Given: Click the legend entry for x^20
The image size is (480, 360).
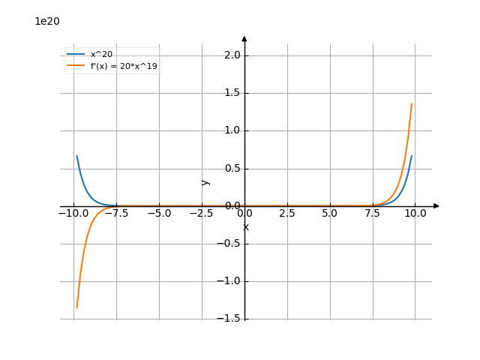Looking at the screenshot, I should coord(101,54).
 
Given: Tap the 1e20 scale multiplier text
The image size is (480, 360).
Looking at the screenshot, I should coord(46,21).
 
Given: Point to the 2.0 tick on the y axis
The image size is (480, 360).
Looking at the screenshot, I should coord(232,55).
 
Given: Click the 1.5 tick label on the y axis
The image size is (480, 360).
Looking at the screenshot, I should coord(232,93).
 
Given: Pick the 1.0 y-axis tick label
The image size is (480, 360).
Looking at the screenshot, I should coord(232,130).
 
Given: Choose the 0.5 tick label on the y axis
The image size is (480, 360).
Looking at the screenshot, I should coord(232,168).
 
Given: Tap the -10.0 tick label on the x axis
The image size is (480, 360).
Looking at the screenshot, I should coord(73,213).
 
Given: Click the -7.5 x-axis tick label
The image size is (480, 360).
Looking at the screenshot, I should coord(116,213).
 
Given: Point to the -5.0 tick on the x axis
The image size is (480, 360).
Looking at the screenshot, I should coord(159,213).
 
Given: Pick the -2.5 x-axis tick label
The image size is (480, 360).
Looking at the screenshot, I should coord(202,213).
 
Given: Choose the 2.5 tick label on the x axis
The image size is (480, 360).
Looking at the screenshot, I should coord(287,213).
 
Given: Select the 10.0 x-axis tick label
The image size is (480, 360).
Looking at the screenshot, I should coord(415,213).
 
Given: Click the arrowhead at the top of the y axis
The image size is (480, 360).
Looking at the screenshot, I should coord(244,37).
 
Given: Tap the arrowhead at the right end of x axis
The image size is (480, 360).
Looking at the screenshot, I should coord(436,205).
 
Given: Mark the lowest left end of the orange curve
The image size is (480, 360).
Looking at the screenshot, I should coord(76,307).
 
